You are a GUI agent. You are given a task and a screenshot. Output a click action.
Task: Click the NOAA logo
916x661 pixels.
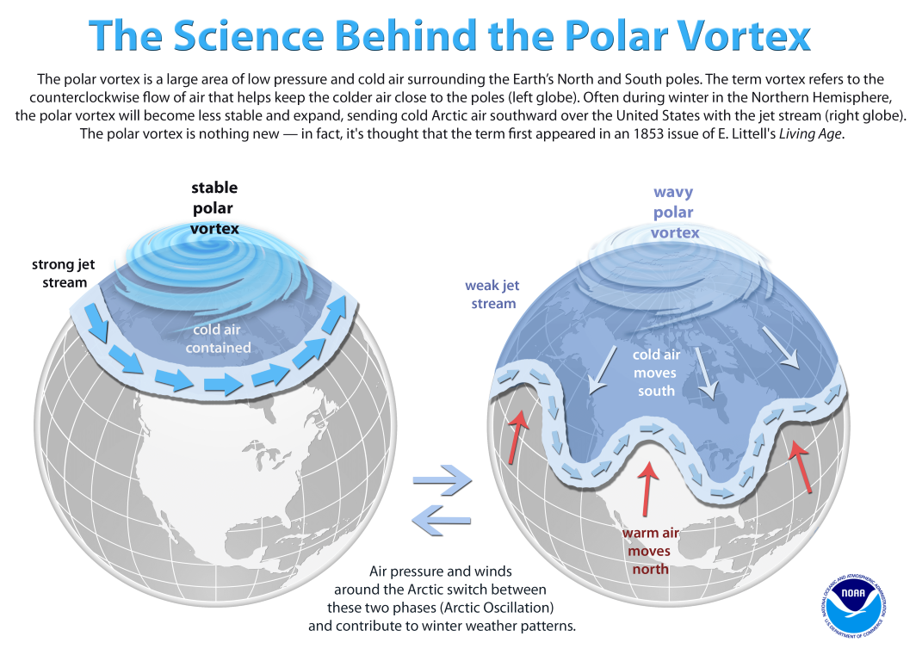click(x=853, y=606)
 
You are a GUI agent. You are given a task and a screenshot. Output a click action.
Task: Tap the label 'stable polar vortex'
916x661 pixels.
click(x=214, y=208)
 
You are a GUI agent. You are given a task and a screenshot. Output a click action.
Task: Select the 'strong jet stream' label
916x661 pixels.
click(x=64, y=274)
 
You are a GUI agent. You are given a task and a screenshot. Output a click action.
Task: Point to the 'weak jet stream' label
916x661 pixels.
click(x=492, y=294)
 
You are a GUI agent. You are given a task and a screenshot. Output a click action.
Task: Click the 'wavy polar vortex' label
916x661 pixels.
click(x=674, y=212)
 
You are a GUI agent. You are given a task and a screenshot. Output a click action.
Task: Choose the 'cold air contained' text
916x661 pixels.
click(x=218, y=338)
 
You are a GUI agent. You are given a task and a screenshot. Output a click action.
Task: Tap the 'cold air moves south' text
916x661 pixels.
click(x=656, y=373)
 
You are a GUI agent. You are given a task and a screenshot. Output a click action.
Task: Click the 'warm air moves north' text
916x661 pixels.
click(x=650, y=551)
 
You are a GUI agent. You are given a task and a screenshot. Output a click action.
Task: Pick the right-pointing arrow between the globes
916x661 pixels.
click(x=443, y=480)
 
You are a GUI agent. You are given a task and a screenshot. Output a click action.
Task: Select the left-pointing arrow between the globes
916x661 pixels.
click(x=441, y=520)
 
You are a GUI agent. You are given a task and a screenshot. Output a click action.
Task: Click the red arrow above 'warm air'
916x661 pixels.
click(x=647, y=489)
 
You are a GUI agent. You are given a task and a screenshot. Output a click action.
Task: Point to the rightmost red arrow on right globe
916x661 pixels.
click(x=801, y=466)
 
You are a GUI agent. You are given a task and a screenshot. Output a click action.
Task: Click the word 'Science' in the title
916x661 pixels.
click(x=248, y=35)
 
